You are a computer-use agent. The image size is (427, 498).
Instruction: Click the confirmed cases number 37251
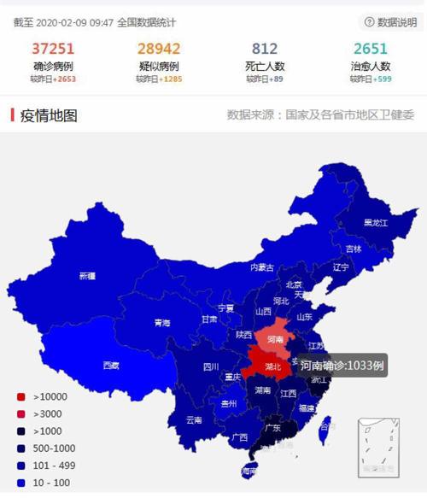click(54, 49)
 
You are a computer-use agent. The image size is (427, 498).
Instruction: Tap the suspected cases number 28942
click(158, 49)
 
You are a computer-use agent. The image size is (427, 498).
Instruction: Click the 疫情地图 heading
click(48, 115)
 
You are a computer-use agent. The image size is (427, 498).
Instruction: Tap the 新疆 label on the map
click(87, 276)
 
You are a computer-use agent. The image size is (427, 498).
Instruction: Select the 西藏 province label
click(111, 366)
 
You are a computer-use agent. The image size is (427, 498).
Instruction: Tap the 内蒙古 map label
click(262, 267)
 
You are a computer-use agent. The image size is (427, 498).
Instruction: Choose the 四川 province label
click(211, 367)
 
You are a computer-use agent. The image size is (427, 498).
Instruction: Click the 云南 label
click(194, 419)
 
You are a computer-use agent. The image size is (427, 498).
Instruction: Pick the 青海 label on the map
click(161, 323)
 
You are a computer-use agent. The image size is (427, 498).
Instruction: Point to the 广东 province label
click(272, 428)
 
